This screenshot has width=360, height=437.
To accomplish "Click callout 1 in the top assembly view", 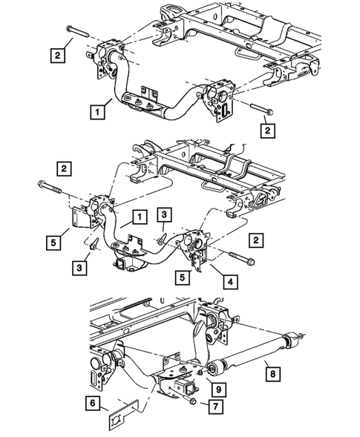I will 97,113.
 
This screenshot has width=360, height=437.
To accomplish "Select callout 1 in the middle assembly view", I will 137,217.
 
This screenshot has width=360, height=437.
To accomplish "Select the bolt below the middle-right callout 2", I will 243,259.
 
